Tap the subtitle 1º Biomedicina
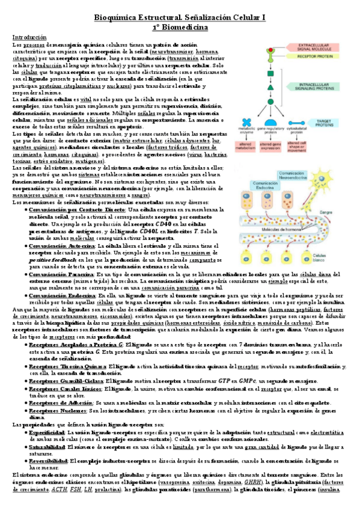coord(180,27)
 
